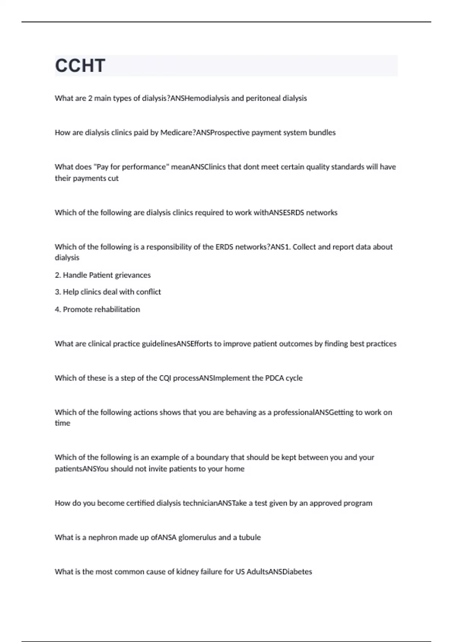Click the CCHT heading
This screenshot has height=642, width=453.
click(80, 66)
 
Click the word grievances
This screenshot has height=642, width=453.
click(133, 275)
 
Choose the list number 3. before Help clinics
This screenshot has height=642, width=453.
click(58, 292)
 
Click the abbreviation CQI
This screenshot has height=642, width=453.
click(165, 378)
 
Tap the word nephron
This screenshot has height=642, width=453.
click(102, 537)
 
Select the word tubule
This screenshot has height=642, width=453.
click(250, 537)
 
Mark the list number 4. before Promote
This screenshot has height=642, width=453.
click(58, 309)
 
